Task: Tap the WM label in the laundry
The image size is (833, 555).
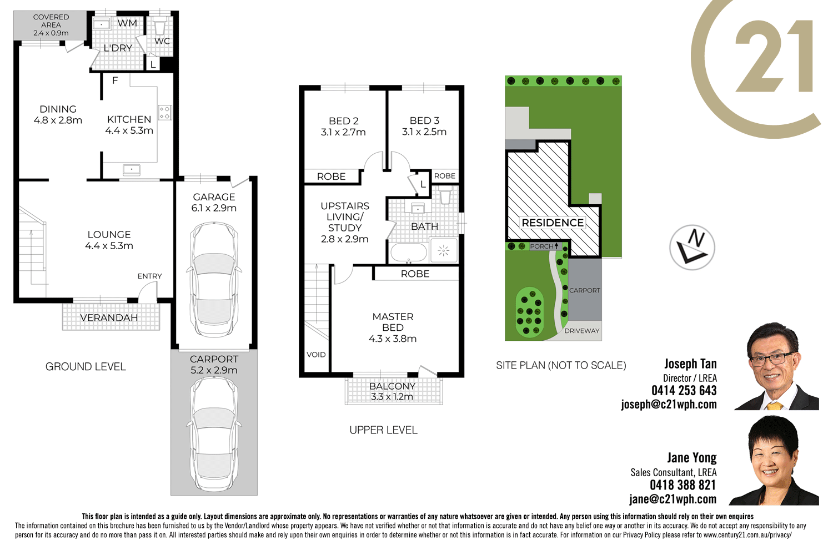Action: (x=127, y=23)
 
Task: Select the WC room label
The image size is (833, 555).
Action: (x=162, y=41)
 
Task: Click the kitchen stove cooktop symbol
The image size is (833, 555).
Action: (x=165, y=113)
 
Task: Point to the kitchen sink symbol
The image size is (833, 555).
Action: (x=132, y=170)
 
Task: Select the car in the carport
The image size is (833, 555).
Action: (x=214, y=433)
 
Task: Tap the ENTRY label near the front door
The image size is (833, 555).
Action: (x=149, y=276)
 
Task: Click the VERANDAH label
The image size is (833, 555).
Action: (x=109, y=318)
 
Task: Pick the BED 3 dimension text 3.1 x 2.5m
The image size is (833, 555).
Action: (x=424, y=132)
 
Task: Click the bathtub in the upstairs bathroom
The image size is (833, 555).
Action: (x=409, y=253)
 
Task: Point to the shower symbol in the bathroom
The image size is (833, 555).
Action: (x=443, y=251)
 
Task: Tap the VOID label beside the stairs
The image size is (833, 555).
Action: (x=316, y=355)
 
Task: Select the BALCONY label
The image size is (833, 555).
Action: (x=392, y=386)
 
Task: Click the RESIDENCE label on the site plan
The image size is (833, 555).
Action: (x=553, y=223)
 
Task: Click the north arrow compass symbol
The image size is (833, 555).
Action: (x=692, y=248)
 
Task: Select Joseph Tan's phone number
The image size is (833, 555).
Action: (x=684, y=391)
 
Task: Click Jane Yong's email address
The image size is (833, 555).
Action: (x=673, y=500)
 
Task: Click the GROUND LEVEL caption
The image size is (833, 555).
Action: (x=86, y=367)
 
